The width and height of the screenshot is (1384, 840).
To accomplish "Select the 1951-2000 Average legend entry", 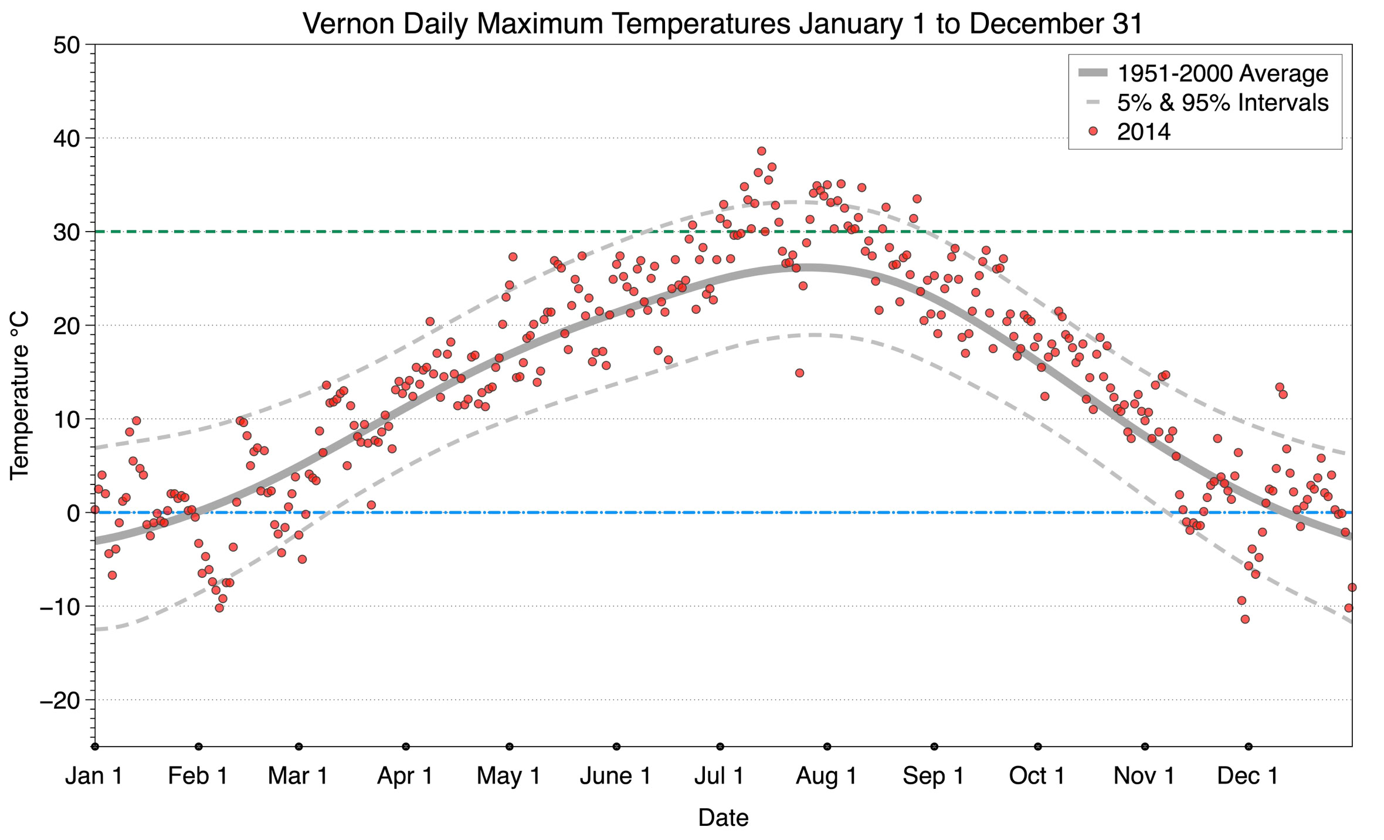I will [1222, 74].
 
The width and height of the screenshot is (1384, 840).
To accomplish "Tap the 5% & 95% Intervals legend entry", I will [1222, 103].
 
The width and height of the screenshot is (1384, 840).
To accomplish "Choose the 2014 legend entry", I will [1143, 132].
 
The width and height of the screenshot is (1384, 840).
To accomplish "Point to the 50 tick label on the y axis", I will [66, 45].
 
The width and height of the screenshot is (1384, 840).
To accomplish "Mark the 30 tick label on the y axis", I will [66, 232].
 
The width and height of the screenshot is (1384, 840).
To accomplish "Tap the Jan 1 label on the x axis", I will [94, 776].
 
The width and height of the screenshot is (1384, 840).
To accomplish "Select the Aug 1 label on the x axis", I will [826, 776].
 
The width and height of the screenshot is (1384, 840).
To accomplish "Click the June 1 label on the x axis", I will [615, 776].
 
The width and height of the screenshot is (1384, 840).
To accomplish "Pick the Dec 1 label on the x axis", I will [1247, 776].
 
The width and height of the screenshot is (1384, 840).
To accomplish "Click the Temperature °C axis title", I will [19, 395].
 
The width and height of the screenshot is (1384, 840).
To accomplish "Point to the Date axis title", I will [723, 818].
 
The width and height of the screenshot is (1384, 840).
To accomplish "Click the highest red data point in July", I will [761, 151].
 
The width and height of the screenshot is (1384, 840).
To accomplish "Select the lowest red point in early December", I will [1245, 619].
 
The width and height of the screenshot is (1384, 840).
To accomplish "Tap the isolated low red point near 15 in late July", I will [799, 372].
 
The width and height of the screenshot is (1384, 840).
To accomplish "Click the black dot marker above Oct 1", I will [1038, 747].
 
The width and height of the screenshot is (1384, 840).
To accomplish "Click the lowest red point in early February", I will [219, 608].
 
